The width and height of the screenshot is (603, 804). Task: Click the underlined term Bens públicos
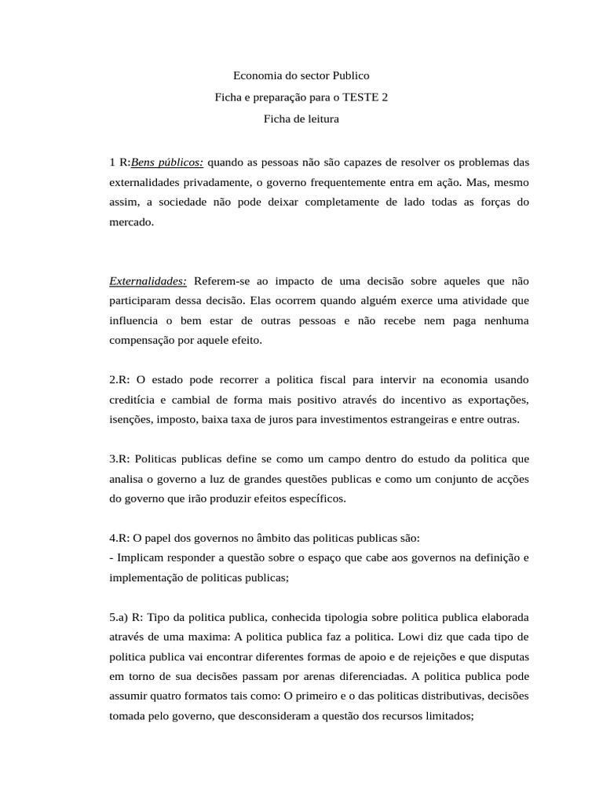tap(167, 163)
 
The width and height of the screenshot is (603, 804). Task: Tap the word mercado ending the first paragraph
tap(132, 222)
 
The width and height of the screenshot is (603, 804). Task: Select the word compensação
tap(147, 341)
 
